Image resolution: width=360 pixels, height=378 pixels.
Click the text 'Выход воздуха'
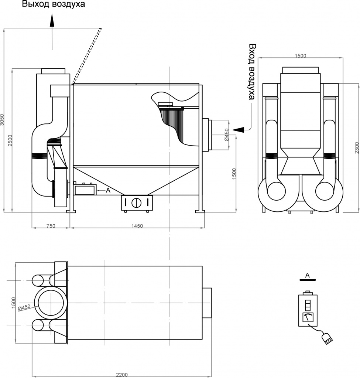tap(53, 5)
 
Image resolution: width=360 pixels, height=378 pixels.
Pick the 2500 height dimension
tap(11, 141)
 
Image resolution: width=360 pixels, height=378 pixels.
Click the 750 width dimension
tap(51, 226)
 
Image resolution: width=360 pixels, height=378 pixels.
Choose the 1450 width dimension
tap(137, 226)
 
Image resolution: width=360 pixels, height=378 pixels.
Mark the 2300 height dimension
tap(356, 148)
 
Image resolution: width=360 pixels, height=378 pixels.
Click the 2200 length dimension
tap(121, 375)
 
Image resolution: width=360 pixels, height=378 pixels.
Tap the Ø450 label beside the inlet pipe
tap(226, 135)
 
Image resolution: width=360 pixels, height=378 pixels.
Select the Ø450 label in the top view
tap(24, 307)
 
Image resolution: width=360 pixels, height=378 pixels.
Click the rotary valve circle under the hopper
tap(137, 203)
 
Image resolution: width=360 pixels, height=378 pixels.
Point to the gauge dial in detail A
tap(308, 317)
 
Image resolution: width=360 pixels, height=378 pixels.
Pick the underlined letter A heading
tap(307, 275)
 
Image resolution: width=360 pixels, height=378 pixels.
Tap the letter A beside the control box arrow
tap(108, 190)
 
